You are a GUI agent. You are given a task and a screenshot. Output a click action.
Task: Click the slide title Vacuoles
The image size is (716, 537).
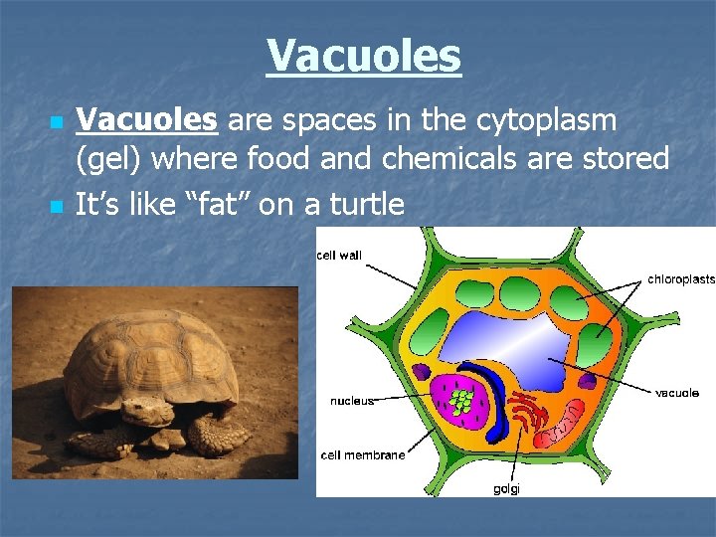coord(364,56)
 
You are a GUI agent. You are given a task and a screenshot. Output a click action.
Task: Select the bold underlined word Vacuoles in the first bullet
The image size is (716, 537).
coord(147,121)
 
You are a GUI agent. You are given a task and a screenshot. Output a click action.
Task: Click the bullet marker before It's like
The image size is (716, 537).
coord(56,207)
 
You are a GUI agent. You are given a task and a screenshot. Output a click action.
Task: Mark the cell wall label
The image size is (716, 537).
coord(340,256)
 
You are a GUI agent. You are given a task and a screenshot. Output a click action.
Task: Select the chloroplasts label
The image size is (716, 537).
coord(680,279)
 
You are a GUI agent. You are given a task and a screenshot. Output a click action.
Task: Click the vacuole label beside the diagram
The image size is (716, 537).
coord(676,393)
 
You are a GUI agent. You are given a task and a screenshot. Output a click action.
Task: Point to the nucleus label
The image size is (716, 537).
coord(352,402)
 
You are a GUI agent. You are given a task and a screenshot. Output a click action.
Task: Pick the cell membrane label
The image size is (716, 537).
coord(362,455)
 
